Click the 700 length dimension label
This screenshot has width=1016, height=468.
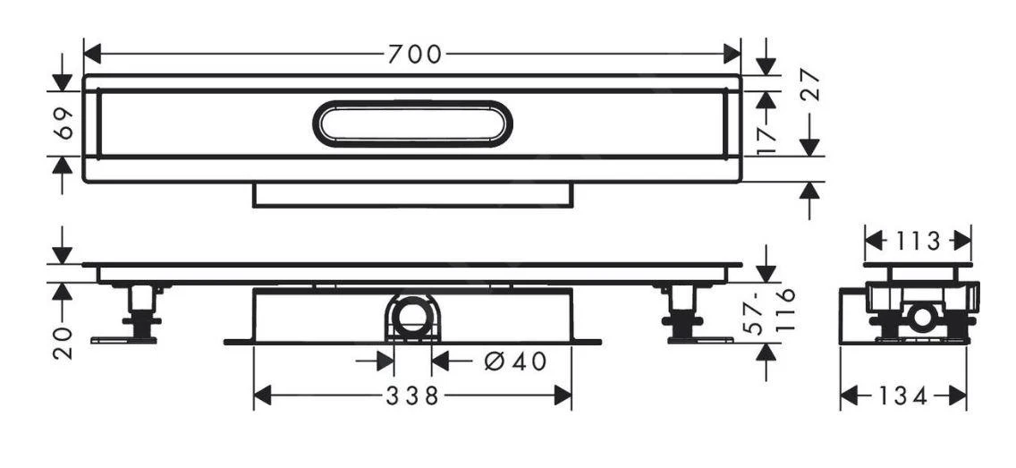(414, 55)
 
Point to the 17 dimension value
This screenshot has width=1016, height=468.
(766, 140)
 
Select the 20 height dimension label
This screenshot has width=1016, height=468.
(62, 341)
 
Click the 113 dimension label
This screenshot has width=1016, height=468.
(917, 242)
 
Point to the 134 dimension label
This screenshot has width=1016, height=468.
(902, 396)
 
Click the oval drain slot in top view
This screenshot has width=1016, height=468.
(412, 123)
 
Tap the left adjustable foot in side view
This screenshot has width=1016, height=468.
(140, 313)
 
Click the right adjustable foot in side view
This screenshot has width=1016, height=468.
(684, 313)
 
